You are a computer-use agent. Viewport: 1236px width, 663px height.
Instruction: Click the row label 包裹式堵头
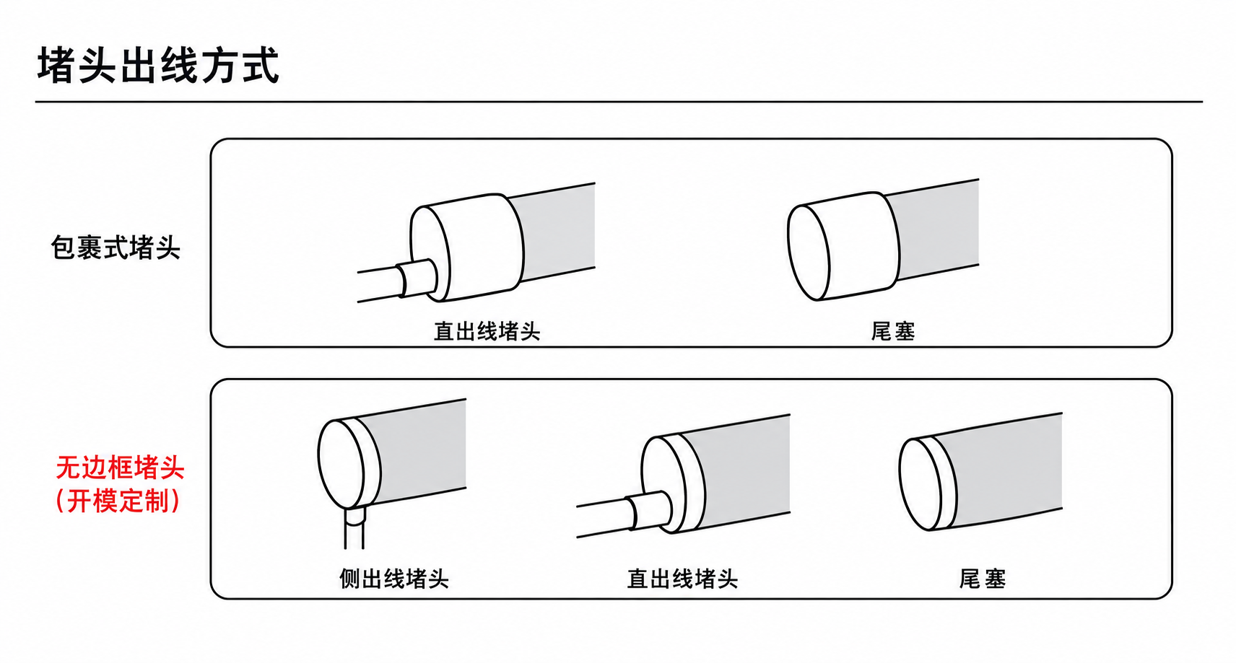click(116, 247)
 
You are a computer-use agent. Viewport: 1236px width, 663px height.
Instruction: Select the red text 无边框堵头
click(120, 467)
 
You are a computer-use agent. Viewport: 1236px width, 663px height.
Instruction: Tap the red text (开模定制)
click(118, 501)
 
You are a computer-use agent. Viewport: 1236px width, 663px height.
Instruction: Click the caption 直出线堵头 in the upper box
click(487, 331)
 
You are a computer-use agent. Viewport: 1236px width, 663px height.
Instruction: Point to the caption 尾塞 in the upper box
click(893, 331)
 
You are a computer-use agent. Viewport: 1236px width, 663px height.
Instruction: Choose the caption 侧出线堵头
click(394, 579)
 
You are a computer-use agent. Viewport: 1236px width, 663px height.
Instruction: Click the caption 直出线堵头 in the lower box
click(682, 579)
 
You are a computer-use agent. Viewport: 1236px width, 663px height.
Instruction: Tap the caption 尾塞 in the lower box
click(983, 579)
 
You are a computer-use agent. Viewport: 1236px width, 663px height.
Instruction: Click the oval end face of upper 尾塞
click(809, 252)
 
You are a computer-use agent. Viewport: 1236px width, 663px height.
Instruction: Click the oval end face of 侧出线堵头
click(341, 463)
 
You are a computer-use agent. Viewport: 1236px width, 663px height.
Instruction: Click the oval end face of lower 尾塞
click(921, 484)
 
